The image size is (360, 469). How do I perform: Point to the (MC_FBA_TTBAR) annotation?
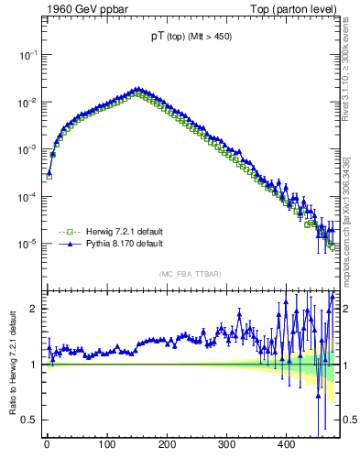190,274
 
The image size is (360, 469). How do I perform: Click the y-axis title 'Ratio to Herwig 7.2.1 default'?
14,364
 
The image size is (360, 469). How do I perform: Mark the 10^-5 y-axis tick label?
27,244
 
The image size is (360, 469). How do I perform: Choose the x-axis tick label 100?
106,445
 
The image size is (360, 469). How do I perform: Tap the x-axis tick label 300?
226,445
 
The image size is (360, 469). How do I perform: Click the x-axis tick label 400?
286,445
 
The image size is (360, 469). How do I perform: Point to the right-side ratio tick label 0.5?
349,420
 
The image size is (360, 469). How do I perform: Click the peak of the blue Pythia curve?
136,89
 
